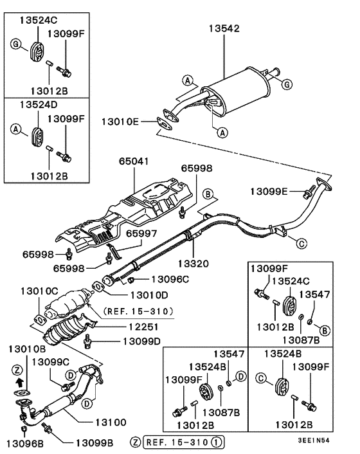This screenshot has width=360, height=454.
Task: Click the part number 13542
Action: point(223,29)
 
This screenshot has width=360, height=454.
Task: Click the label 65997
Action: point(141,234)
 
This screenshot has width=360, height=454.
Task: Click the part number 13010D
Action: point(149,295)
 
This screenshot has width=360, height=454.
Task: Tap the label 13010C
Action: point(40,291)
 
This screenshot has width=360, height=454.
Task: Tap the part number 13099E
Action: point(268,191)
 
